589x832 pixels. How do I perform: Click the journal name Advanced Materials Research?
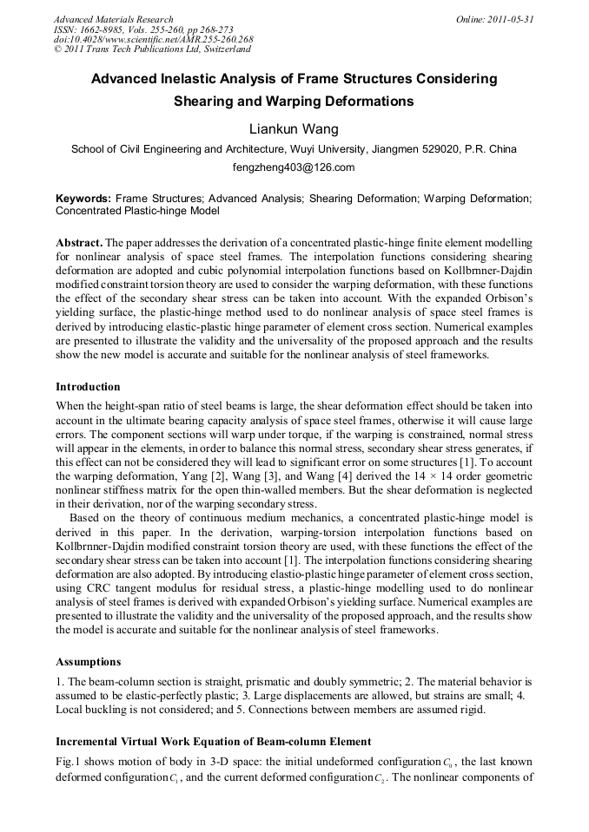coord(113,19)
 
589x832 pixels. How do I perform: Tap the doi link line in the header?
coord(153,39)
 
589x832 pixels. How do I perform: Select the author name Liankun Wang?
coord(294,129)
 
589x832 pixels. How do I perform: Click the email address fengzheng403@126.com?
coord(294,167)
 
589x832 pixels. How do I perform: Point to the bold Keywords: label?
coord(83,199)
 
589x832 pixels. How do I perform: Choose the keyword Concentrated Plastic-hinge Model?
coord(137,211)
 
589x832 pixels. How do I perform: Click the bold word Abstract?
coord(80,241)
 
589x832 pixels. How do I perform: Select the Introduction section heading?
coord(88,386)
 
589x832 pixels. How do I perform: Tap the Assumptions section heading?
coord(88,661)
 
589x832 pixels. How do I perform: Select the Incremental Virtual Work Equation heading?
coord(213,742)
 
